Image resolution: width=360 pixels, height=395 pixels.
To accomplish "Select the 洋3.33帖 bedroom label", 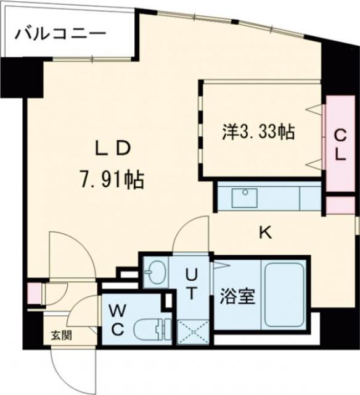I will [257, 131].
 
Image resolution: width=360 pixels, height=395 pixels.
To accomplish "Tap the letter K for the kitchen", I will [264, 232].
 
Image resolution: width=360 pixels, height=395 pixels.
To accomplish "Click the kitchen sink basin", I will [245, 198].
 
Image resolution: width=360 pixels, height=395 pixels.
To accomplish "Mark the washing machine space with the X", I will [193, 332].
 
